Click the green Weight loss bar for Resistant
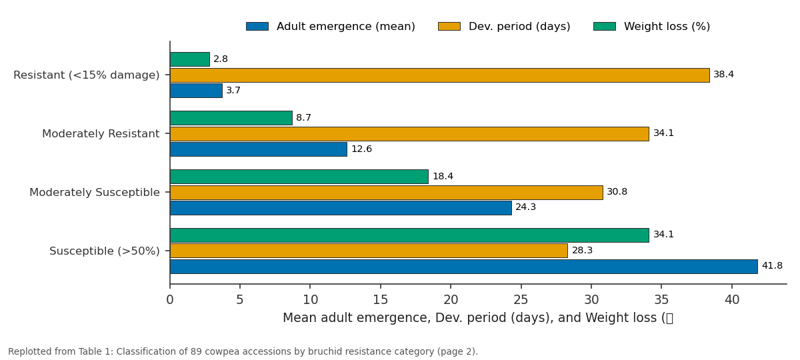click(x=189, y=59)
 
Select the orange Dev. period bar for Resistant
click(x=439, y=75)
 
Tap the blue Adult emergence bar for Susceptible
click(x=463, y=267)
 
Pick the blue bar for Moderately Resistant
click(x=259, y=149)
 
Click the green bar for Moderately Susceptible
click(x=299, y=177)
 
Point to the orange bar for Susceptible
click(x=369, y=251)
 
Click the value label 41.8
click(x=772, y=266)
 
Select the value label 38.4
click(x=723, y=74)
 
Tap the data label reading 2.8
click(x=221, y=59)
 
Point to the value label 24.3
click(x=526, y=207)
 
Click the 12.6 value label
click(x=361, y=149)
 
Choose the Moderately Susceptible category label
click(x=94, y=193)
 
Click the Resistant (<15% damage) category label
click(x=87, y=75)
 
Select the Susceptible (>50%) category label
click(x=104, y=251)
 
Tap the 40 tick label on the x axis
click(x=732, y=299)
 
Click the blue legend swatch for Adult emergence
click(x=257, y=27)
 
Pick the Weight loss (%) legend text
click(x=667, y=27)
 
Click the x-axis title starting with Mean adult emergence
click(x=478, y=318)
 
